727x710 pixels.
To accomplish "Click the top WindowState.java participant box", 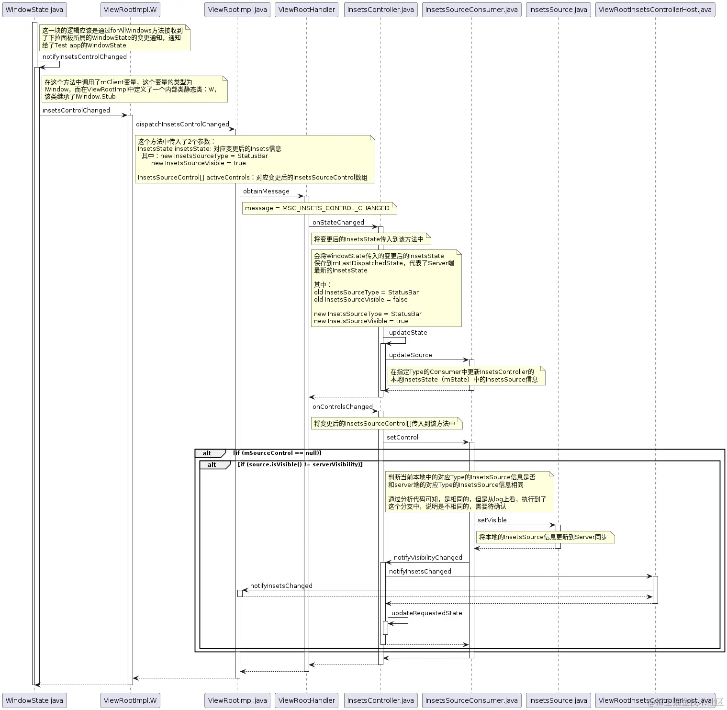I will [x=34, y=10].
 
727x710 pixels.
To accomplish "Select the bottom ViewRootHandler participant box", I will [x=306, y=700].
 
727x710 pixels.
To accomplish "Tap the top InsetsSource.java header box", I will [x=558, y=10].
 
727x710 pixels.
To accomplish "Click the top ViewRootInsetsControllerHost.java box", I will [x=655, y=10].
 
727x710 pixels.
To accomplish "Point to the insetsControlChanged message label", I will [x=76, y=111].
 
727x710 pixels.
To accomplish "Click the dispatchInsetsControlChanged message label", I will [x=182, y=124].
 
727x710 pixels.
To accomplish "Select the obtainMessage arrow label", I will [x=266, y=192].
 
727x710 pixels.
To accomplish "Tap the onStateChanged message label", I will [x=338, y=223].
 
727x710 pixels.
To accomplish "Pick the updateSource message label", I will [x=410, y=355].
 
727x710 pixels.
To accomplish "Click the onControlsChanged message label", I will [x=342, y=407].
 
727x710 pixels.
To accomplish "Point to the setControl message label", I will [x=402, y=438].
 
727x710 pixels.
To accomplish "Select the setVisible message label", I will [x=492, y=520].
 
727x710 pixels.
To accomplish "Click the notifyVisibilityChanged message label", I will [x=427, y=558].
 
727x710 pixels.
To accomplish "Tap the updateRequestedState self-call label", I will [x=426, y=613].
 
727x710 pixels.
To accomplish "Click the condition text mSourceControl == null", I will [x=277, y=453].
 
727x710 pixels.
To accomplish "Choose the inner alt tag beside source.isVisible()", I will [x=212, y=465].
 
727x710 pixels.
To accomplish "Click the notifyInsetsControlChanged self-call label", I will [x=84, y=57].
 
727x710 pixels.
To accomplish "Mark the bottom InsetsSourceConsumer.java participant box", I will [x=471, y=700].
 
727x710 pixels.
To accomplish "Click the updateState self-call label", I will [x=408, y=333].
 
